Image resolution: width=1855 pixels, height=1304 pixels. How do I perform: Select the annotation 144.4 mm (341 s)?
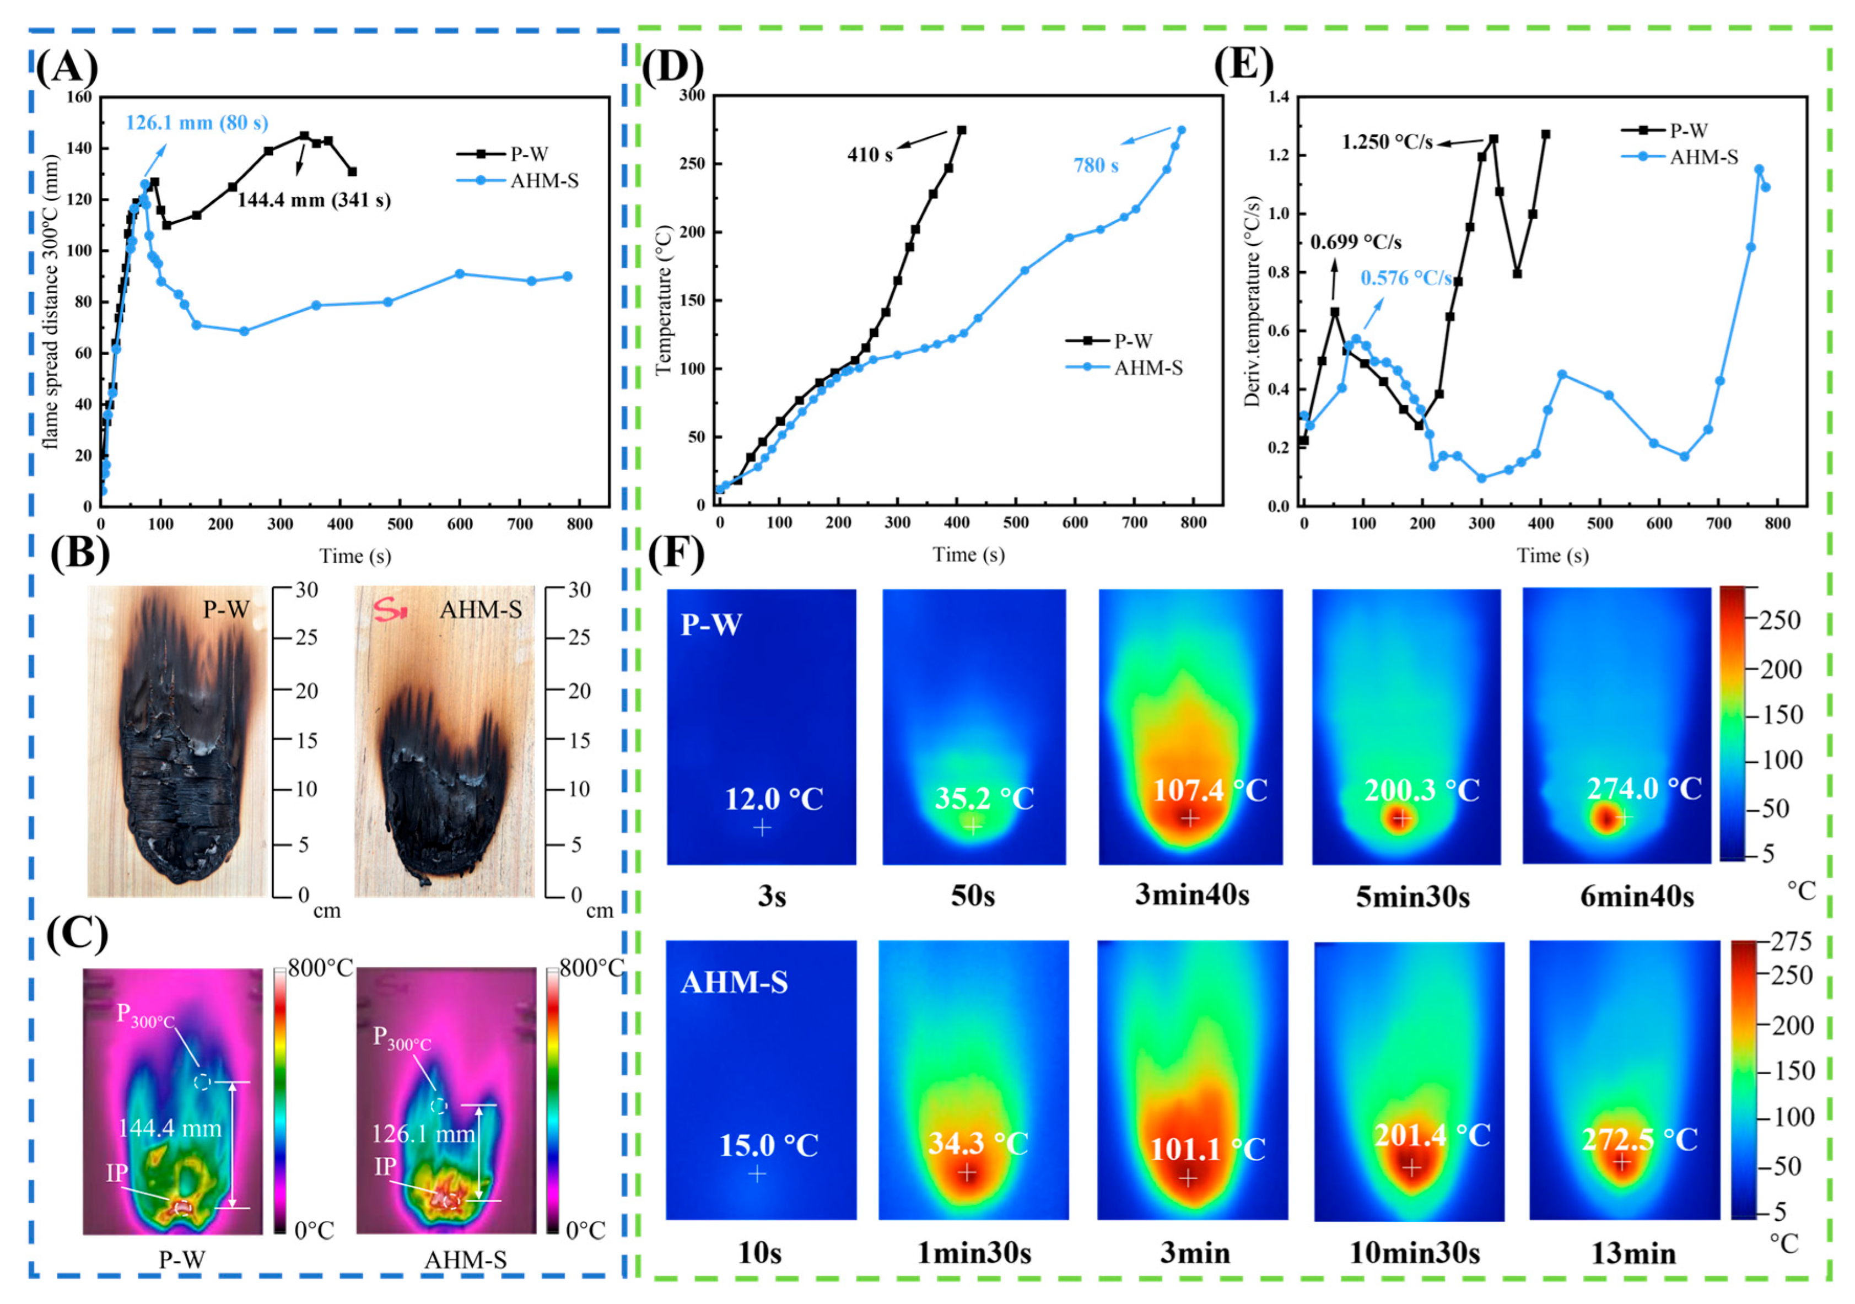click(x=314, y=201)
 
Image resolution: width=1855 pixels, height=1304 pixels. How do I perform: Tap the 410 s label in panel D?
click(x=869, y=155)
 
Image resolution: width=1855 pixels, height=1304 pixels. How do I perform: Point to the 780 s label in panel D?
click(x=1096, y=166)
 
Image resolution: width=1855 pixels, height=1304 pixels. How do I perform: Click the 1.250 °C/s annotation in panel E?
click(x=1387, y=143)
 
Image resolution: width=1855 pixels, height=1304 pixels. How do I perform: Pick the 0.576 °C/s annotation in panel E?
click(x=1406, y=278)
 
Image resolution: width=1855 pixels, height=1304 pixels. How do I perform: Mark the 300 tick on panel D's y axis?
click(x=692, y=95)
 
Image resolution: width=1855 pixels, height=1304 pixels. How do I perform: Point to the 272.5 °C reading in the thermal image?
click(x=1640, y=1139)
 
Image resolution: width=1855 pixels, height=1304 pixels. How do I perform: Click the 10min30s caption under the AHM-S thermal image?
click(x=1415, y=1253)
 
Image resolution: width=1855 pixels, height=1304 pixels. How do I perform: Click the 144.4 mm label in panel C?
click(x=170, y=1129)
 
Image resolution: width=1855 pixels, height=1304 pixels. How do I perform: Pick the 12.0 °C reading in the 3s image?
click(x=774, y=799)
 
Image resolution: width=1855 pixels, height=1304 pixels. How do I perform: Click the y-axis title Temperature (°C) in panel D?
click(x=664, y=300)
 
